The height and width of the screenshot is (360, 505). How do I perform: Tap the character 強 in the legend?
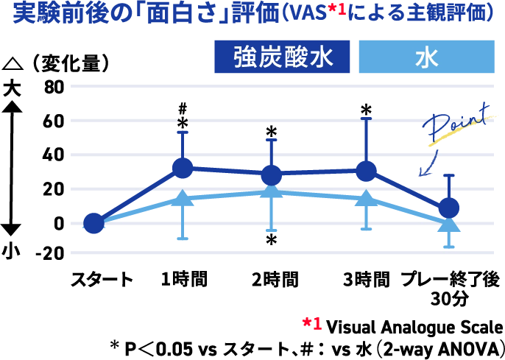(x=245, y=58)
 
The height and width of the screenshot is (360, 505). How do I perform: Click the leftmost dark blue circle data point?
(x=93, y=223)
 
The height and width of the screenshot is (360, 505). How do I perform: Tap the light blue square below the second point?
(x=183, y=241)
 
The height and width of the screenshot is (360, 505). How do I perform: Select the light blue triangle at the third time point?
(x=272, y=191)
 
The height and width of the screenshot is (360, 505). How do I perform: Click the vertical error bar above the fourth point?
(x=367, y=140)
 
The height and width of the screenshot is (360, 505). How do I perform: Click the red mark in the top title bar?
(x=338, y=12)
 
